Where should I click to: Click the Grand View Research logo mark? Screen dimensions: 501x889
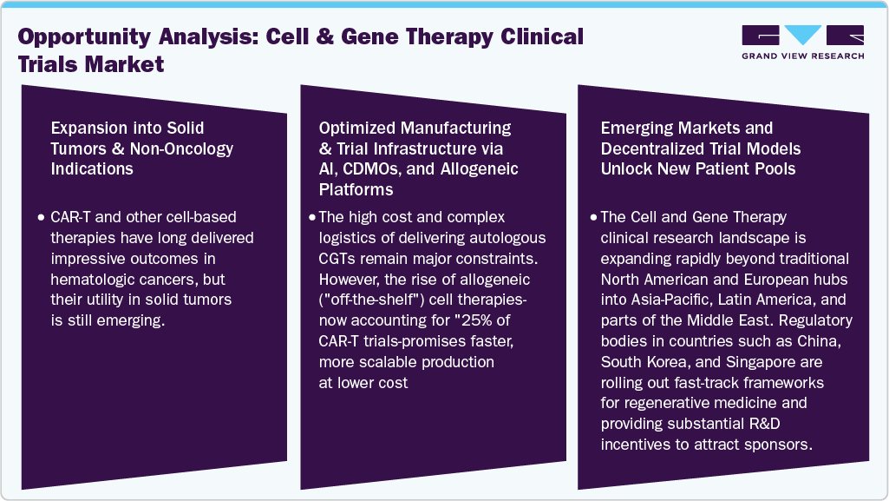(x=803, y=35)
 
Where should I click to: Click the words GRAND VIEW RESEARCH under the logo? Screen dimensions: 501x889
(x=803, y=56)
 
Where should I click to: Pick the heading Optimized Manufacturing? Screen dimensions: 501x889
(x=415, y=129)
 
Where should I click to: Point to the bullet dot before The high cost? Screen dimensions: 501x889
(x=312, y=216)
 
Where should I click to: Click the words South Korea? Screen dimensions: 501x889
(x=642, y=361)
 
